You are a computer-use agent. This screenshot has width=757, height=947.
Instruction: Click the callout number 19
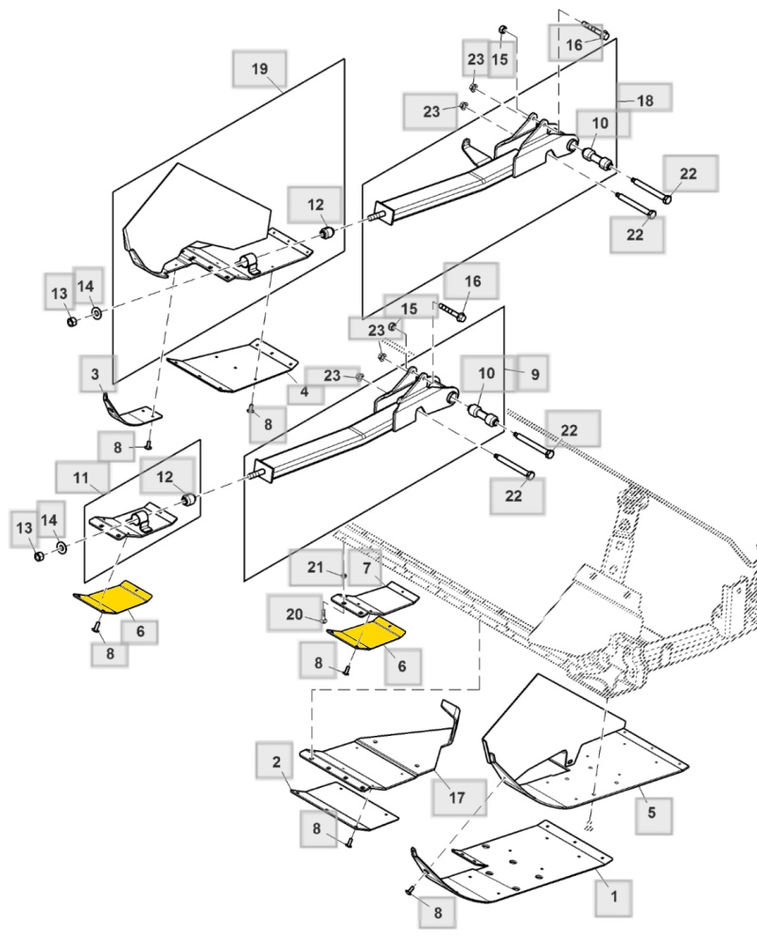click(259, 69)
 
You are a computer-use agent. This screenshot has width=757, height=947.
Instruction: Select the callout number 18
click(645, 100)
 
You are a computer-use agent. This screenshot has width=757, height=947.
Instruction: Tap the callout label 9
click(535, 374)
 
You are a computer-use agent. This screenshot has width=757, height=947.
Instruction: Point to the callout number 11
click(80, 478)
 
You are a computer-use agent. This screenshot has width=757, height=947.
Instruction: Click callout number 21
click(316, 566)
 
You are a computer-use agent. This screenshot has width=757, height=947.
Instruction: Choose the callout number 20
click(294, 615)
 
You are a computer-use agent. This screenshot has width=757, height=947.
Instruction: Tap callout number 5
click(651, 813)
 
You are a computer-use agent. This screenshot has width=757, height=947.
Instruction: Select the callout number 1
click(614, 896)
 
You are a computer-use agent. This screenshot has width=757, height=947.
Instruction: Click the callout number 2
click(276, 761)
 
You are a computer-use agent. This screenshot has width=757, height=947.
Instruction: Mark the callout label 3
click(95, 374)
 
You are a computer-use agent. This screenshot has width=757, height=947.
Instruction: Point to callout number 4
click(305, 392)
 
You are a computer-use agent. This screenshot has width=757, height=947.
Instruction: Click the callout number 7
click(366, 567)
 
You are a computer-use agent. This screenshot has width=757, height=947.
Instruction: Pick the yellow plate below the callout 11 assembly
click(114, 598)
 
